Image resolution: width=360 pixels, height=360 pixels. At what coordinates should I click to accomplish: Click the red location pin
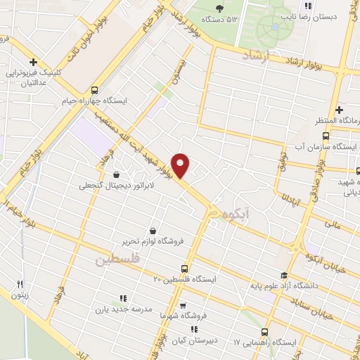181,165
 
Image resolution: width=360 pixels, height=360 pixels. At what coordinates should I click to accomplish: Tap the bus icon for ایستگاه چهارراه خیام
94,89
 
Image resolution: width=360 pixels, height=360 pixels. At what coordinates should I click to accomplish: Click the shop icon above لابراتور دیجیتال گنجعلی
116,175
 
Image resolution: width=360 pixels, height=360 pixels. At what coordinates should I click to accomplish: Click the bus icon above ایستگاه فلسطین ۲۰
184,268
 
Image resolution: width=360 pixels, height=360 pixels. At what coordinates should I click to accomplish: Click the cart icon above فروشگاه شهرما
183,306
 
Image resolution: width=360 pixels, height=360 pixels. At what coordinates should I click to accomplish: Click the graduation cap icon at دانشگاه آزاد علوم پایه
284,275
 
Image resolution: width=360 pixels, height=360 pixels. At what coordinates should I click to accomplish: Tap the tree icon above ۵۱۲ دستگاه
220,8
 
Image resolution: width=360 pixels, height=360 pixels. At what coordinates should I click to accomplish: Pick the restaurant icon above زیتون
20,284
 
